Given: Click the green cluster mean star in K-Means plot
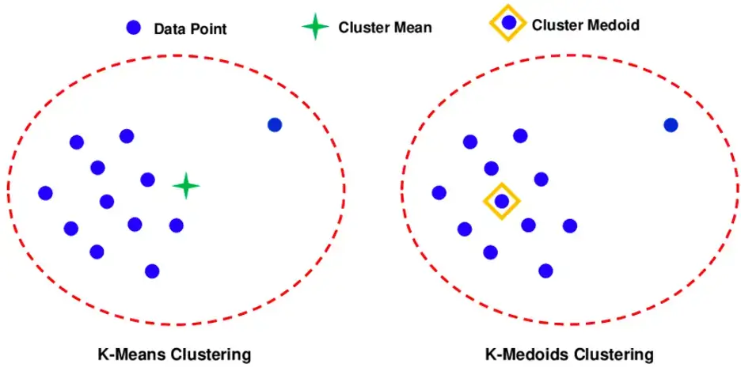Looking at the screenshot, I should (x=186, y=186).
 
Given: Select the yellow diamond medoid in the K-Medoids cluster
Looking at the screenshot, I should (x=502, y=201).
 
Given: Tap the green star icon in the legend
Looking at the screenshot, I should (x=315, y=27).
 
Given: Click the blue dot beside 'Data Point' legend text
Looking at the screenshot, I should (x=133, y=28).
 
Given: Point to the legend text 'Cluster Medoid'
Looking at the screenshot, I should (x=585, y=25).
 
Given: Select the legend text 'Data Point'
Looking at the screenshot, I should (x=190, y=29).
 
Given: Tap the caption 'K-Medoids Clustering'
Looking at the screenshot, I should (x=569, y=353).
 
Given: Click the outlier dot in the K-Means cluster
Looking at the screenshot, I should (x=275, y=124).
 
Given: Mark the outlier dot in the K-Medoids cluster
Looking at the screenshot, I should (x=671, y=124).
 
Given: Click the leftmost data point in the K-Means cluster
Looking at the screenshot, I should (x=45, y=193).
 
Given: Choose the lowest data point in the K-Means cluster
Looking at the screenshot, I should (x=152, y=271).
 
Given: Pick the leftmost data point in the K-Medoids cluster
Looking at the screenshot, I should (x=439, y=192).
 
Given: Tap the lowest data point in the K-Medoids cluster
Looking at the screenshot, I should (x=545, y=271).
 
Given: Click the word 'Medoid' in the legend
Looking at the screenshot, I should (x=613, y=25).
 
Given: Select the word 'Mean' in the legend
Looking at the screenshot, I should (x=413, y=28).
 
